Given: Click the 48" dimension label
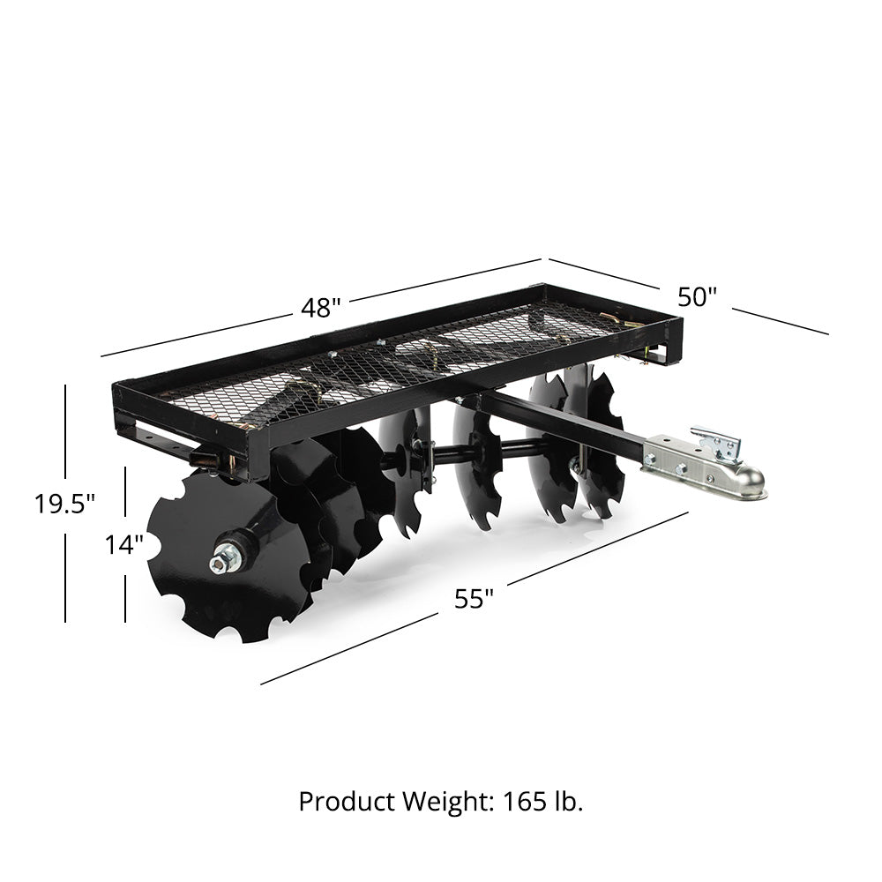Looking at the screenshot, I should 320,308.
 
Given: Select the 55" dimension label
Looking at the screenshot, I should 474,599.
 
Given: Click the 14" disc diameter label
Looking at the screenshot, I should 124,544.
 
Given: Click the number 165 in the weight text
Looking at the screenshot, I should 527,801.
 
